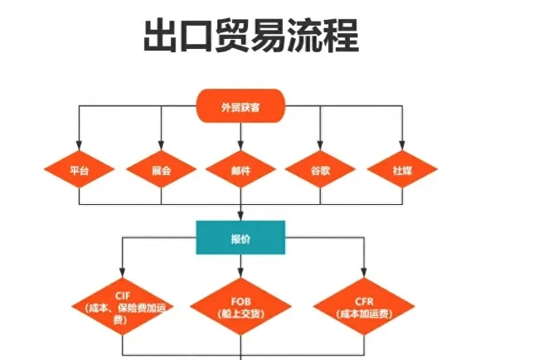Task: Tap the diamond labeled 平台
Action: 79,170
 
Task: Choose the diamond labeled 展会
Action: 161,170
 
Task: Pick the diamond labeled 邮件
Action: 240,170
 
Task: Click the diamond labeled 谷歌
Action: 320,170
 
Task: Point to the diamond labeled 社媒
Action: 402,170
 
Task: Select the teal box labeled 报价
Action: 240,237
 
